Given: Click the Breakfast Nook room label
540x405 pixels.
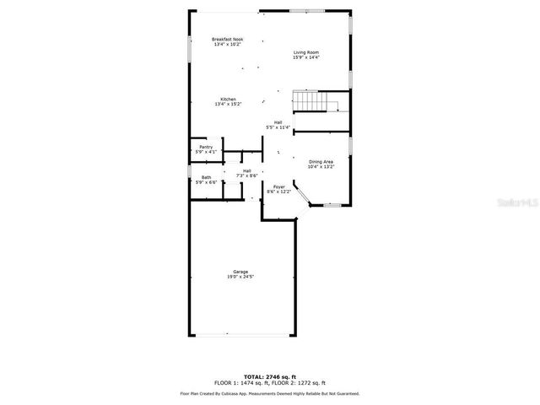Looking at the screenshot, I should (x=227, y=40).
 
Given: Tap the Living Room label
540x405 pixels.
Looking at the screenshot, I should (x=306, y=52).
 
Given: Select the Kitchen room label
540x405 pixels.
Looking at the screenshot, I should (x=228, y=99).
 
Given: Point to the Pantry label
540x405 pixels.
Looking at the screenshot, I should (x=206, y=147).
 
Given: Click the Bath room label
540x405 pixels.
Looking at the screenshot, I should (x=206, y=177).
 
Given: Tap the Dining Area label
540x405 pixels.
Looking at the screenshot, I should (x=321, y=162).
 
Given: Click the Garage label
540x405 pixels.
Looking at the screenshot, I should (x=240, y=272).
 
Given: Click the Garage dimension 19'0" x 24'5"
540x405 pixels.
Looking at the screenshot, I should (x=240, y=277).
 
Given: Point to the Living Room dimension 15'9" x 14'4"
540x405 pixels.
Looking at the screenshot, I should (x=306, y=57).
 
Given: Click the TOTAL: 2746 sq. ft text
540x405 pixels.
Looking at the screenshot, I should (x=269, y=376).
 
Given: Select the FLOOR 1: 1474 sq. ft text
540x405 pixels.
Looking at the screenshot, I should (x=240, y=383).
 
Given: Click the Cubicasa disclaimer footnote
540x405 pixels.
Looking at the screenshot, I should (x=269, y=393).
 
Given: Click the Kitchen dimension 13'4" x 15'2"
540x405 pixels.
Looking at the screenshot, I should (x=228, y=104).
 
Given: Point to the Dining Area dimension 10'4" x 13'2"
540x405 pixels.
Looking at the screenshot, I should (x=321, y=167).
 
